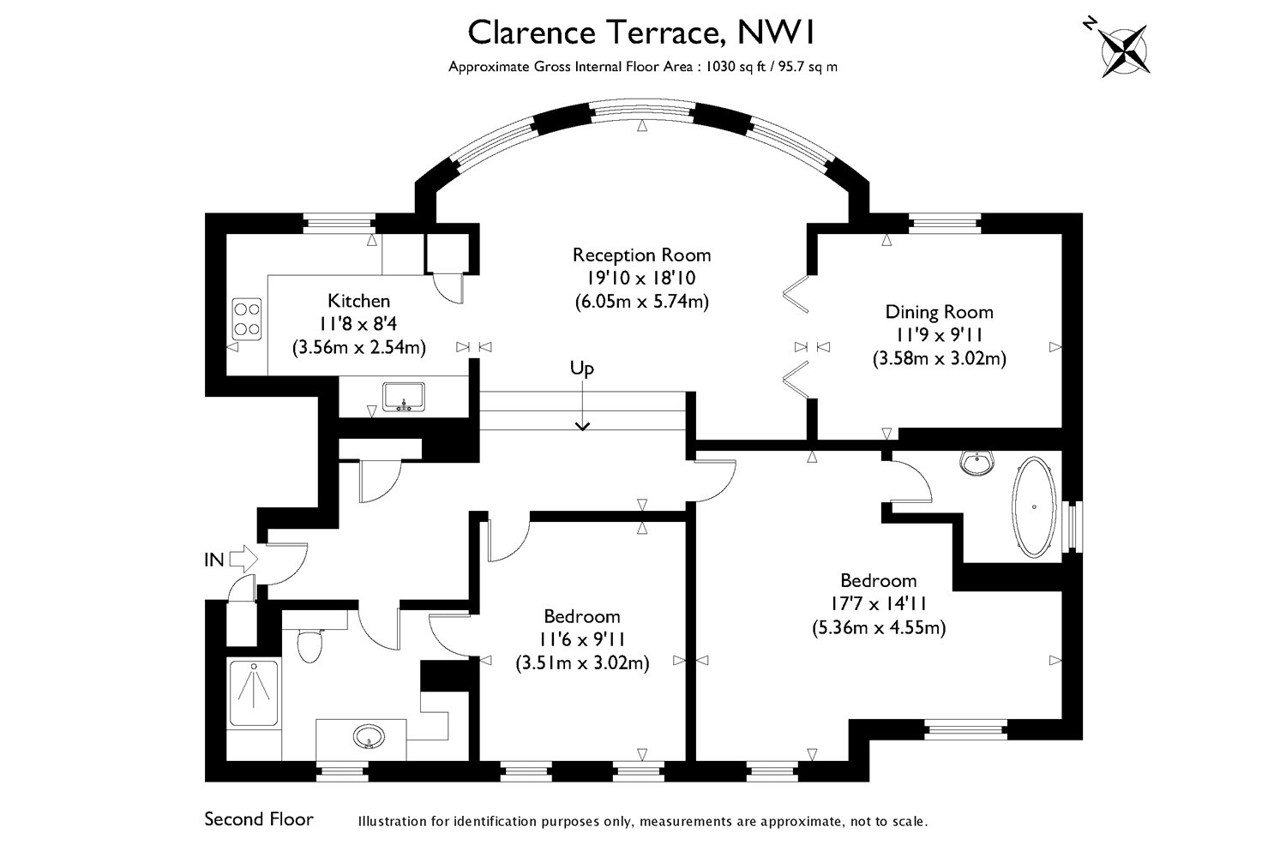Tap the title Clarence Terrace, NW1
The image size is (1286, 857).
point(642,33)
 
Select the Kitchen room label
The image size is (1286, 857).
point(359,300)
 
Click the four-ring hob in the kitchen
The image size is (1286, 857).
point(246,319)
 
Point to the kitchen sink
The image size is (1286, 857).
point(404,397)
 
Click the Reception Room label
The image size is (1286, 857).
point(642,255)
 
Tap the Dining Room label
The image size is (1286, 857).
point(940,312)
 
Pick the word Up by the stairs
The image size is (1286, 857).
point(581,368)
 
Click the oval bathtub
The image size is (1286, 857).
point(1034,506)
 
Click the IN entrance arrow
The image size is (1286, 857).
point(244,559)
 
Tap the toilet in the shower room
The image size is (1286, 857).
point(310,645)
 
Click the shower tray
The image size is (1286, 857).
point(254,693)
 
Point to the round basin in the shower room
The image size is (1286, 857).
point(369,736)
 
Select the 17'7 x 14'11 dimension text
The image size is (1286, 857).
point(879,604)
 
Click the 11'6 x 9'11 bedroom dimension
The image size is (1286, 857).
point(582,639)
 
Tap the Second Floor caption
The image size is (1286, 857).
point(259,819)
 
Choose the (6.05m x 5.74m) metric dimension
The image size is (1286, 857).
point(642,302)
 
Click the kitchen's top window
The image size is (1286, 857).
point(339,224)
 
